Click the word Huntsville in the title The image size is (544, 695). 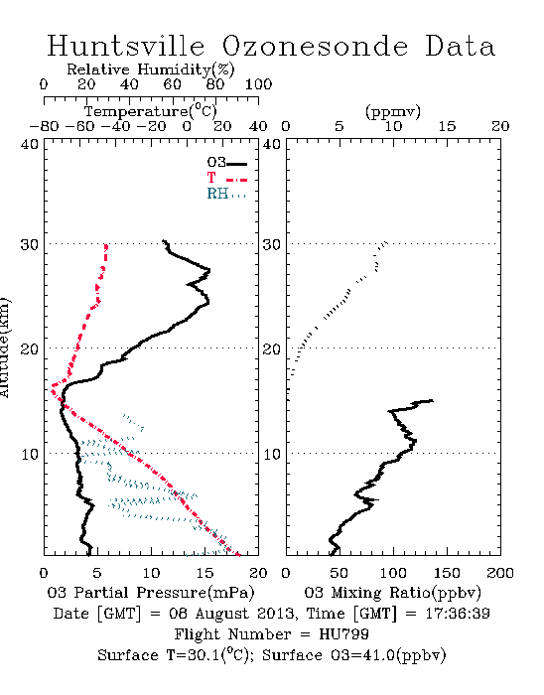click(x=126, y=46)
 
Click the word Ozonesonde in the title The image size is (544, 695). click(x=315, y=46)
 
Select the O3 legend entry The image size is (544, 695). click(x=226, y=163)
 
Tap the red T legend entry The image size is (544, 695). click(x=226, y=178)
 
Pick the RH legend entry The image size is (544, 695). click(x=226, y=194)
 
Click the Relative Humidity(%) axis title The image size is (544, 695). click(x=151, y=69)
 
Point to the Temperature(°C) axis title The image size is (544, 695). click(x=151, y=111)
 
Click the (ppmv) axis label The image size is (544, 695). click(x=393, y=111)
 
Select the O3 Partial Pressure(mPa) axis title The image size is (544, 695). click(x=151, y=592)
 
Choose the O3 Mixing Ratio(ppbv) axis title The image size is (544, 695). click(x=392, y=592)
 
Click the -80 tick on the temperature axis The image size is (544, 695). click(x=44, y=126)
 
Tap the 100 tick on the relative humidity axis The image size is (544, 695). click(x=258, y=84)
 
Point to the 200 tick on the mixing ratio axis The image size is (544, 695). click(x=500, y=573)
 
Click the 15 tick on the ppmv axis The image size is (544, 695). click(x=447, y=126)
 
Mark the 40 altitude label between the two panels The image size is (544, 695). click(x=272, y=144)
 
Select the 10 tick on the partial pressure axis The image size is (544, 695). click(x=151, y=573)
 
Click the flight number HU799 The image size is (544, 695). click(x=343, y=634)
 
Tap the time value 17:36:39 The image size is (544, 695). click(x=458, y=614)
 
